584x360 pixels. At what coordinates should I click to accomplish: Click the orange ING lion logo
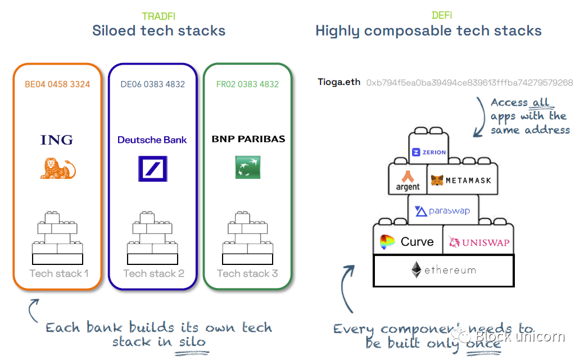click(x=57, y=169)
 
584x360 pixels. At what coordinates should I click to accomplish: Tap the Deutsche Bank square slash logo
click(x=152, y=169)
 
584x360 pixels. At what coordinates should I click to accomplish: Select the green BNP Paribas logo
click(x=247, y=168)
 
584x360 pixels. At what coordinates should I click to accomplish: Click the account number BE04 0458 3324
click(x=57, y=84)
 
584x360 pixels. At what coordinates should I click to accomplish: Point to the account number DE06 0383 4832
click(x=152, y=84)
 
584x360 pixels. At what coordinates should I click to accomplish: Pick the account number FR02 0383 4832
click(x=247, y=84)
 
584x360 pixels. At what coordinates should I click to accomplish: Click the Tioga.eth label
click(x=339, y=83)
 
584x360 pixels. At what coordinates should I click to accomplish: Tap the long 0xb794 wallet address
click(x=469, y=83)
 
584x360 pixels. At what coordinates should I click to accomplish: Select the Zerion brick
click(x=429, y=151)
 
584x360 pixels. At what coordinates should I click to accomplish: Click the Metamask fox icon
click(x=437, y=181)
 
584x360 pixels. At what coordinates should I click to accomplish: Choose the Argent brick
click(x=408, y=180)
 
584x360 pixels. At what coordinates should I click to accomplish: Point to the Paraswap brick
click(x=443, y=211)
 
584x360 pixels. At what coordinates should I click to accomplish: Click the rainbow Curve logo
click(x=388, y=242)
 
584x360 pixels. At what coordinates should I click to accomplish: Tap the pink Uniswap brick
click(x=478, y=242)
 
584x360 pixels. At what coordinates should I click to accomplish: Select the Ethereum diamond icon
click(x=417, y=270)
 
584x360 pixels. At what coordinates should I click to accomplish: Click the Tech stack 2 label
click(x=153, y=273)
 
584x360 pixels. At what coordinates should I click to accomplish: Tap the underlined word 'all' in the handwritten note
click(x=541, y=102)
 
